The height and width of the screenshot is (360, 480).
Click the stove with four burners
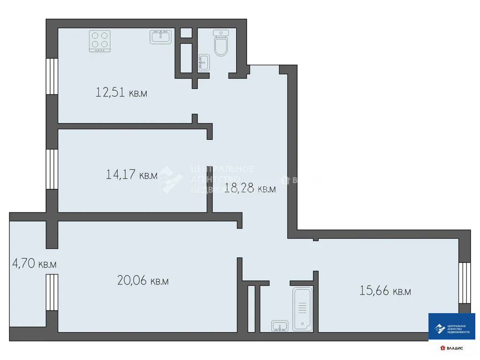point(100,41)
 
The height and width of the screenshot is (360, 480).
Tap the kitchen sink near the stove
point(161,37)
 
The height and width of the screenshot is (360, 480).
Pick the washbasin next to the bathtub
point(280,326)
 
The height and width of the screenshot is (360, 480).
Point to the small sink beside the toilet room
point(203,63)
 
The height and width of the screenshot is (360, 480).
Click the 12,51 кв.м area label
point(121,92)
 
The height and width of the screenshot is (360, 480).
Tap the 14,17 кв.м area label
point(132,175)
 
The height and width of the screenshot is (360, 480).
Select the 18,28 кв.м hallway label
point(250,189)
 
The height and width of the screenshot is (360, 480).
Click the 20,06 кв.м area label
point(142,281)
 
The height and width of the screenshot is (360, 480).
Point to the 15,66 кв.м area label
point(385,291)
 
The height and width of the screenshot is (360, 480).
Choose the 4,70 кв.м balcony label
point(34,264)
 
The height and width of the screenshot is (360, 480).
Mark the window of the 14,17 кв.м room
point(52,169)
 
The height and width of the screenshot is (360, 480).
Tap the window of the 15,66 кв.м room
point(464,282)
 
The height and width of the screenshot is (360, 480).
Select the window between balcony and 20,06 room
point(52,292)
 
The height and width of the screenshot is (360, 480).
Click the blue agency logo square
point(452,326)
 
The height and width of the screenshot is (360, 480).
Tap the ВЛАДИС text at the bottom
point(455,348)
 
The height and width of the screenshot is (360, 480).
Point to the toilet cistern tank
point(220,33)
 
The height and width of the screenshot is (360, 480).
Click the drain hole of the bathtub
point(302,323)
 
